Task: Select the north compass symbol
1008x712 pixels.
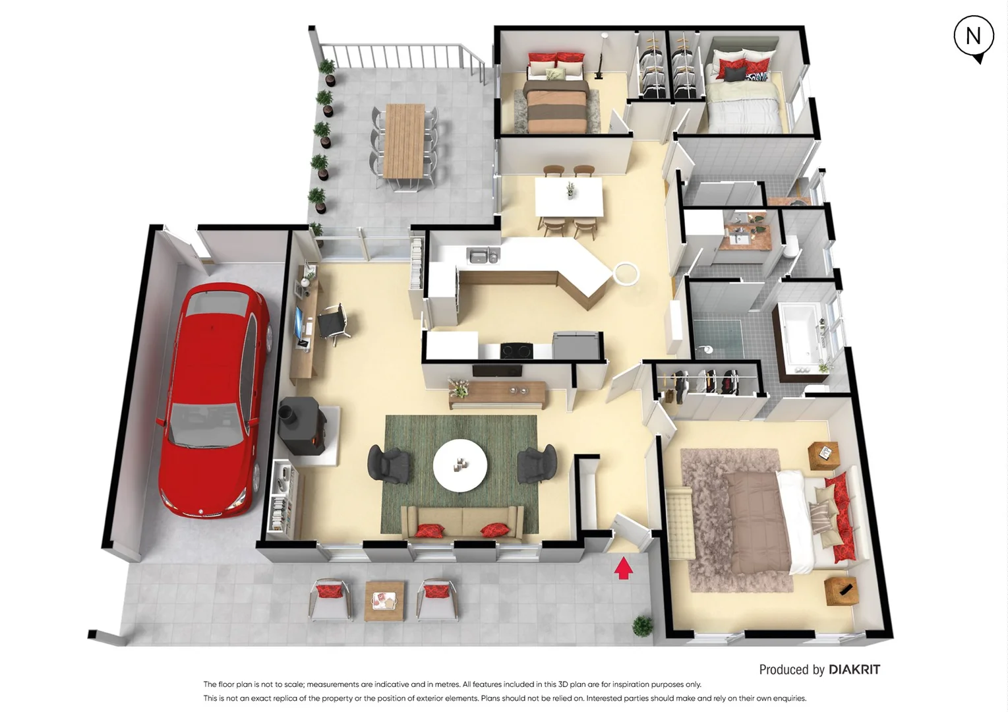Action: click(x=973, y=38)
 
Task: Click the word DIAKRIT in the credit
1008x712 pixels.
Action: click(x=854, y=670)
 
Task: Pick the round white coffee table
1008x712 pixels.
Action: click(x=460, y=465)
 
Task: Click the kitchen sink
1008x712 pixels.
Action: click(x=483, y=255)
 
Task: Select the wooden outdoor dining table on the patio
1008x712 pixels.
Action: click(x=403, y=140)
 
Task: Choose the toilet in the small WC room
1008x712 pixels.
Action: click(x=791, y=249)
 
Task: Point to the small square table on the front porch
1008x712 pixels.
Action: click(x=384, y=600)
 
